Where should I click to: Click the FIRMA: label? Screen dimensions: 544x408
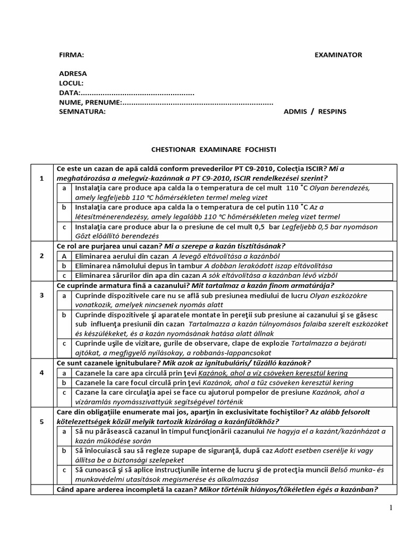[71, 55]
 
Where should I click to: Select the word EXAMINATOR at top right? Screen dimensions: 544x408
[338, 55]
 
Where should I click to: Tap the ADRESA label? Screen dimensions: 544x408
[73, 74]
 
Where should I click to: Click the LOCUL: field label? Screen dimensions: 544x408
[71, 83]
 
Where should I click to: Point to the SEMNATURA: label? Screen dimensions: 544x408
[82, 112]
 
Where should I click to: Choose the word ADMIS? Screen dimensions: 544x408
[295, 112]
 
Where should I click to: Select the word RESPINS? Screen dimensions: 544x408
[332, 112]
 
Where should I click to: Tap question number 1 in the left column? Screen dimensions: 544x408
[41, 178]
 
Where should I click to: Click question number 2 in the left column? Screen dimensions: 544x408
[41, 256]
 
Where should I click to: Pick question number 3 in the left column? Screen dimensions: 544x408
[41, 295]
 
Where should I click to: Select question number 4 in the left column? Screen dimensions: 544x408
[41, 372]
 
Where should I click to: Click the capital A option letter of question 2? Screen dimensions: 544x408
[64, 256]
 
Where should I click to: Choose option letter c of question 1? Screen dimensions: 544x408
[64, 227]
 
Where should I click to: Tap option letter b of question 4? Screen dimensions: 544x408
[64, 382]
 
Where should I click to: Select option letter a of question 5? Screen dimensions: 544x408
[64, 431]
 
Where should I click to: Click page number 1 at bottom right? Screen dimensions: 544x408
[390, 508]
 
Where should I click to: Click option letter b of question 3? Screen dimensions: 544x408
[64, 315]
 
